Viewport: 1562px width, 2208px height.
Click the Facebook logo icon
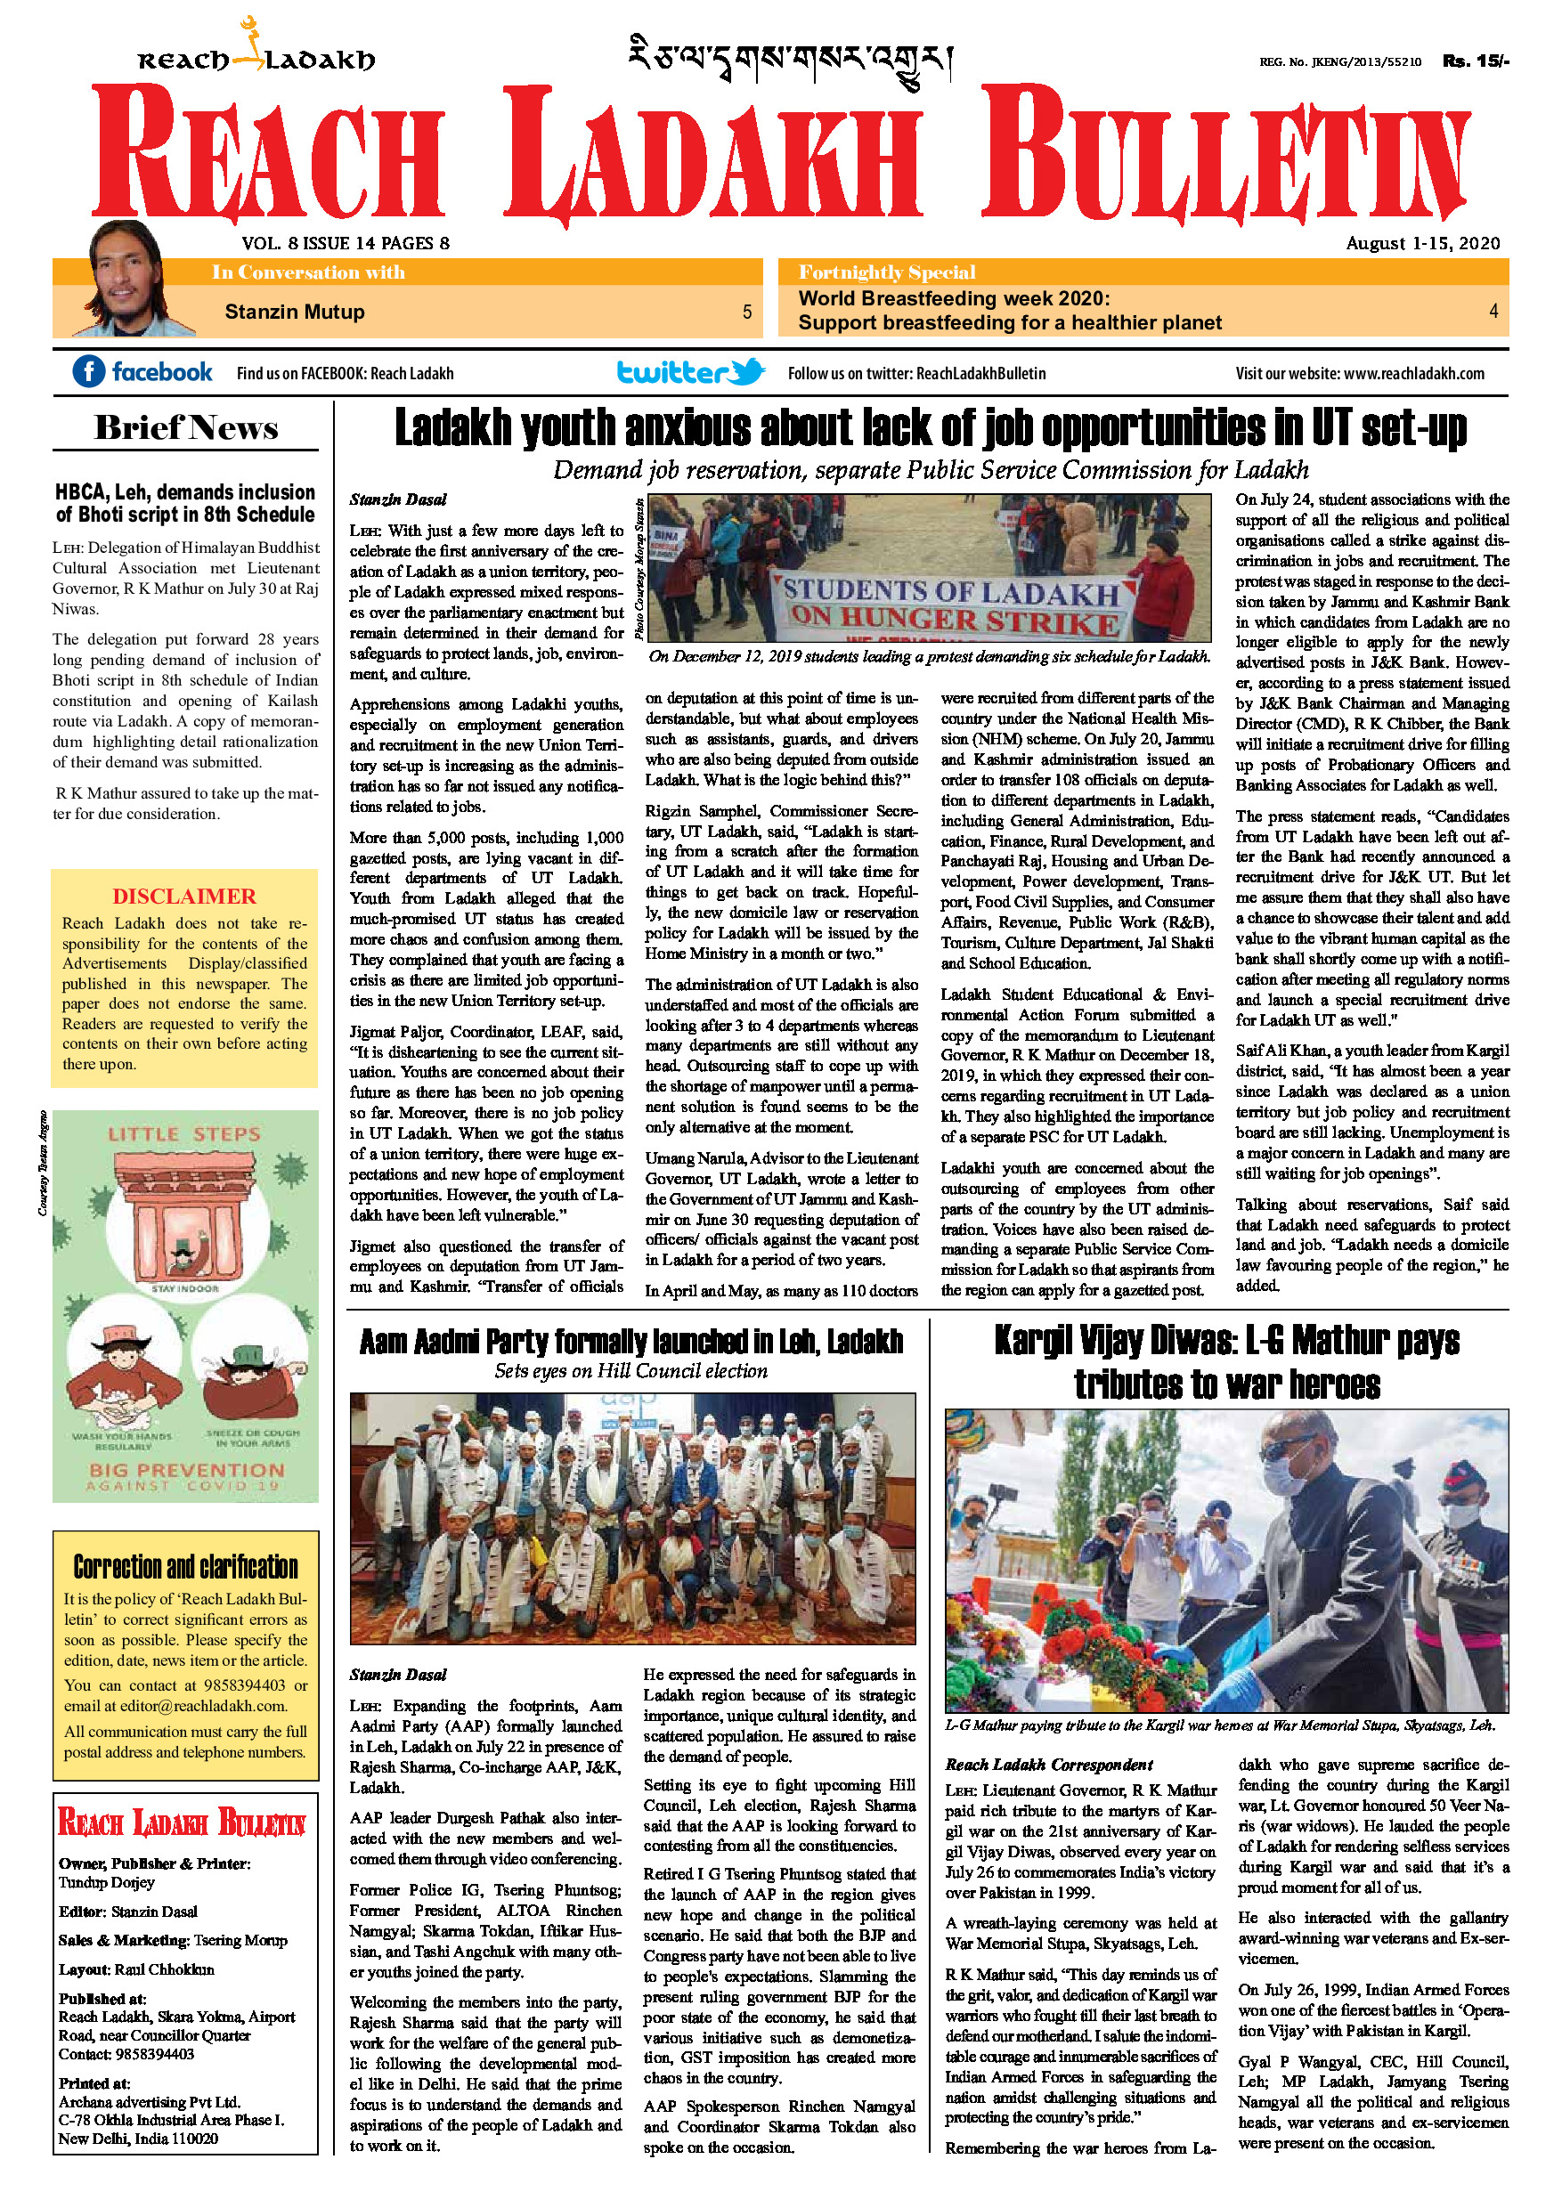88,371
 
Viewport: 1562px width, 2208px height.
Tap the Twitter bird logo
748,371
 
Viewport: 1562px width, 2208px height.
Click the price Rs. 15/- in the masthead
1476,61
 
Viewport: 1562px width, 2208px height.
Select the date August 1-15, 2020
1422,243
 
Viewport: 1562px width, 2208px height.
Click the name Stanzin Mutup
294,312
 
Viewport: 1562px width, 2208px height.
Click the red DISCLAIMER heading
183,897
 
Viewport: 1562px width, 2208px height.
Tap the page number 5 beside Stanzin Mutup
746,312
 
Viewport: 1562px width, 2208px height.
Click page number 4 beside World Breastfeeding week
1493,311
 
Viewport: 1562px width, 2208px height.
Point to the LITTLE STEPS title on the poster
183,1135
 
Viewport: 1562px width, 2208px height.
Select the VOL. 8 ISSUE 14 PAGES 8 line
346,243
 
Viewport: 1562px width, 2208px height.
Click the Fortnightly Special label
887,272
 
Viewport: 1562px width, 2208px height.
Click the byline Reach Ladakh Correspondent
1048,1765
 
